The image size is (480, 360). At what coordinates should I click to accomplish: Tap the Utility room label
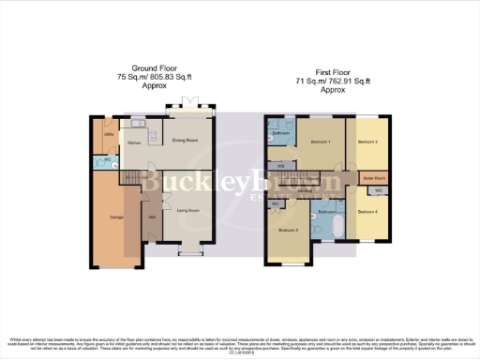pyautogui.click(x=109, y=135)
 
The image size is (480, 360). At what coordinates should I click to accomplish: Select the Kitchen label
pyautogui.click(x=134, y=142)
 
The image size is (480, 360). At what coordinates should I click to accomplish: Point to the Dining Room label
pyautogui.click(x=185, y=141)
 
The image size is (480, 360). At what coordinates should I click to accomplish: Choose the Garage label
pyautogui.click(x=117, y=217)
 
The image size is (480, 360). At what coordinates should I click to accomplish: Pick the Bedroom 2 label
pyautogui.click(x=289, y=229)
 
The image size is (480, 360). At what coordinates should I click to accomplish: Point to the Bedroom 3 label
pyautogui.click(x=367, y=142)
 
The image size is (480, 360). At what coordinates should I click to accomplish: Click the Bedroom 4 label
pyautogui.click(x=367, y=211)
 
